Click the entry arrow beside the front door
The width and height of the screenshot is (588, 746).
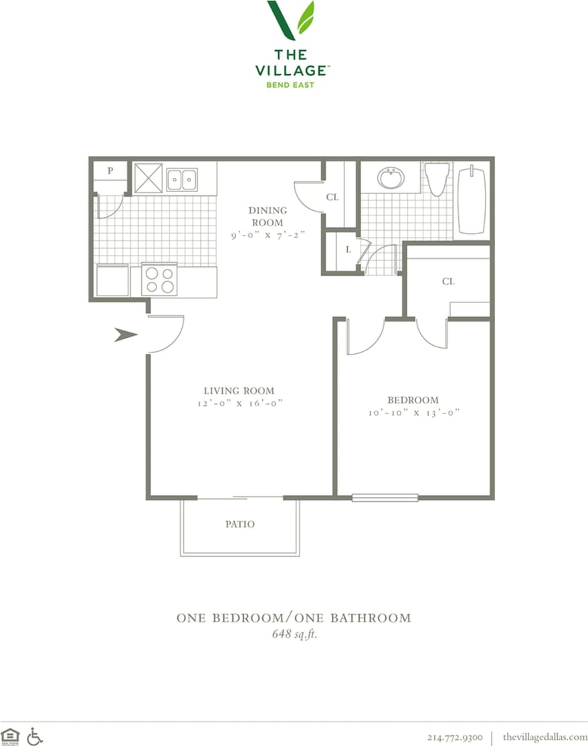[x=125, y=335]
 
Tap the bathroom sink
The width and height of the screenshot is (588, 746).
[x=390, y=178]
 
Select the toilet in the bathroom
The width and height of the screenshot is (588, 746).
[x=437, y=179]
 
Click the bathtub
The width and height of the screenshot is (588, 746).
[x=472, y=200]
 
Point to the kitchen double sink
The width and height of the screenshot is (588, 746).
[x=181, y=179]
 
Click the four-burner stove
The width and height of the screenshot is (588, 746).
[x=159, y=280]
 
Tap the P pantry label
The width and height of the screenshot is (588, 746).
[x=110, y=171]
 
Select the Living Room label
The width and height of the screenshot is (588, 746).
[x=239, y=391]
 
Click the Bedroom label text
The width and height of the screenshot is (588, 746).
[x=413, y=400]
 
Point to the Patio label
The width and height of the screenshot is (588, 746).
[x=239, y=525]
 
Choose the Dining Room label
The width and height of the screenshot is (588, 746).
[x=268, y=216]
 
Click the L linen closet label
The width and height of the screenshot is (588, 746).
[x=349, y=250]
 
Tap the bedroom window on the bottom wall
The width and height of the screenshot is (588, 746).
[x=385, y=498]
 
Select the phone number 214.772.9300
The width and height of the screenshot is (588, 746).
[x=454, y=737]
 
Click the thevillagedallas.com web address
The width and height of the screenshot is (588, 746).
[x=545, y=737]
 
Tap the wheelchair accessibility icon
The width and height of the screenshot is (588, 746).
[x=35, y=736]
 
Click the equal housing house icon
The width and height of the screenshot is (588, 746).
[x=10, y=736]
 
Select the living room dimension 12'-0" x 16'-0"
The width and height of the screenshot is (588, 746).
[x=239, y=403]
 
